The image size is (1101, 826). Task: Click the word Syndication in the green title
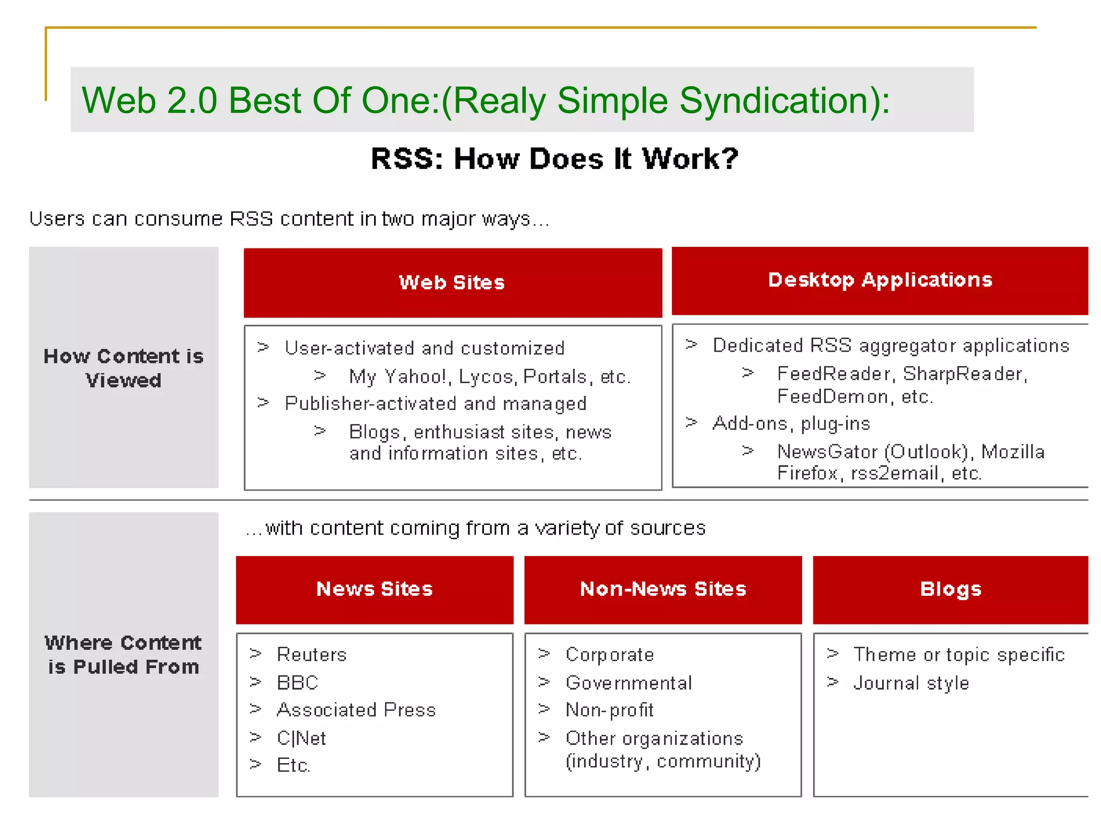(x=777, y=101)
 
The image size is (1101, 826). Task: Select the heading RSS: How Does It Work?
(x=554, y=159)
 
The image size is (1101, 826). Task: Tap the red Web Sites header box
(x=453, y=283)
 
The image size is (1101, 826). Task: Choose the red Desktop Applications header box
(x=880, y=281)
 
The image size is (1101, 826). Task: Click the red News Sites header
(x=375, y=589)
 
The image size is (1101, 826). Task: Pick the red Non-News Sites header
(x=663, y=589)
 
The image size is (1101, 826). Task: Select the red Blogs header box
(x=950, y=589)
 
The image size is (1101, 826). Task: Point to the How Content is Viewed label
(x=124, y=368)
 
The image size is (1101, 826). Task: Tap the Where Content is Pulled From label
(x=124, y=654)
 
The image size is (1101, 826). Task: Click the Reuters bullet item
(x=312, y=654)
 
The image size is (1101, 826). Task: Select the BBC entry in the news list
(x=297, y=682)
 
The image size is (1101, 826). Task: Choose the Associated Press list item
(x=356, y=710)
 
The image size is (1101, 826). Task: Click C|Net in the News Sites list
(x=301, y=738)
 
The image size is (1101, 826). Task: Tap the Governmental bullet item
(x=629, y=683)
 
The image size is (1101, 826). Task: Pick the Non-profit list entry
(x=610, y=710)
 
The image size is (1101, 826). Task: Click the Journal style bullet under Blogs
(x=911, y=683)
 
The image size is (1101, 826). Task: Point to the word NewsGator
(x=827, y=452)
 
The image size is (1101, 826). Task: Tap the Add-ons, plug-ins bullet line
(x=791, y=424)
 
